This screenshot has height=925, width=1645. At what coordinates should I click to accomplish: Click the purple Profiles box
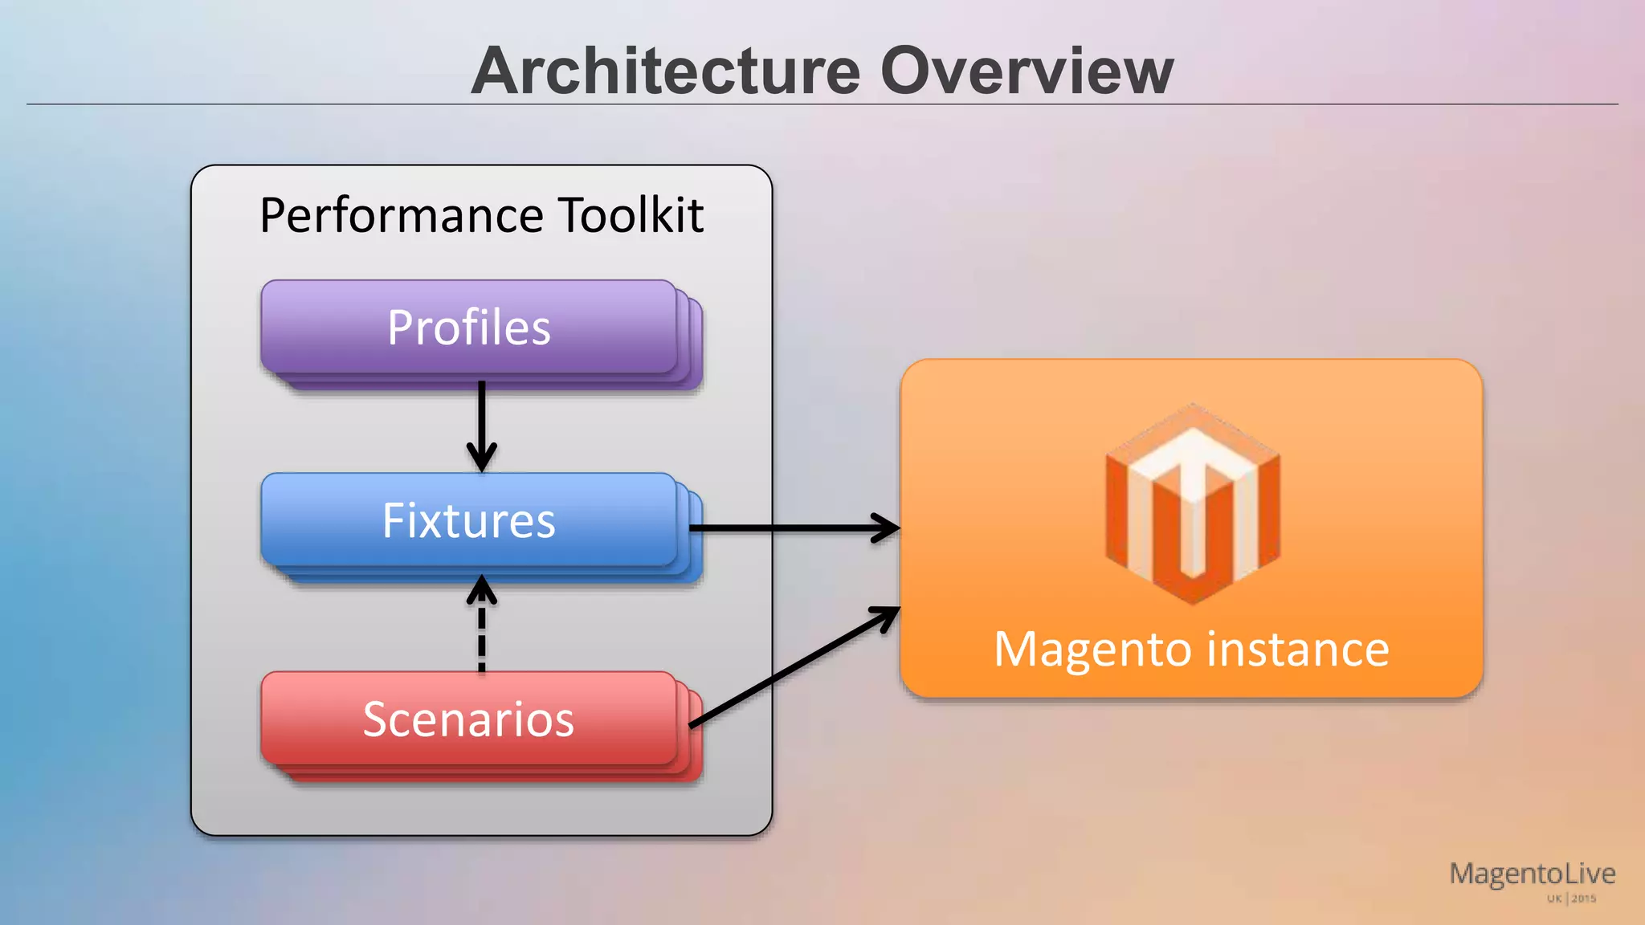[469, 328]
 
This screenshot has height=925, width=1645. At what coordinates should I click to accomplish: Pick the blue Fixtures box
[469, 520]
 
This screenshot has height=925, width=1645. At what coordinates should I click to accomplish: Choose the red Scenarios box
[469, 719]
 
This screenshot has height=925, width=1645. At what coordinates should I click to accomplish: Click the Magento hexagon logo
[1192, 504]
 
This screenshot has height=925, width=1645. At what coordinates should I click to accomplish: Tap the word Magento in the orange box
[1093, 649]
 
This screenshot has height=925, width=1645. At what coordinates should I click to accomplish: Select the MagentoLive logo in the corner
[1532, 874]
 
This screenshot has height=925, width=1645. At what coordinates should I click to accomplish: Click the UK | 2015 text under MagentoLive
[1571, 899]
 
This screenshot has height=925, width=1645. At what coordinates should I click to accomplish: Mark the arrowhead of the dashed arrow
[481, 589]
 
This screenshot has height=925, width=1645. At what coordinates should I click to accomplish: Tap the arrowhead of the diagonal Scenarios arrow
[887, 617]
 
